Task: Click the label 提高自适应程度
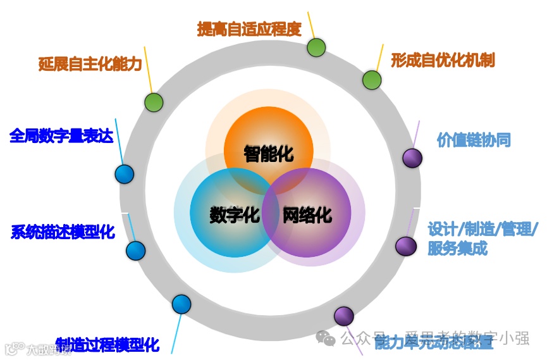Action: (x=249, y=29)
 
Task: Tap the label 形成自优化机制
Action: (x=443, y=60)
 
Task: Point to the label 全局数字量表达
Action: (x=61, y=135)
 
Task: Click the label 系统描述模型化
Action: (x=63, y=232)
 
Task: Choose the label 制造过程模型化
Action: (x=108, y=345)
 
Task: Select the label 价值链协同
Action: (x=474, y=140)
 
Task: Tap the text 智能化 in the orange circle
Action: (x=269, y=153)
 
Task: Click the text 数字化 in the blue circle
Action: (x=235, y=214)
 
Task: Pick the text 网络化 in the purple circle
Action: (x=307, y=214)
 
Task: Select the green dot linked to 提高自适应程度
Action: (x=316, y=47)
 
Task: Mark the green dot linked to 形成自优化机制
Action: (x=372, y=80)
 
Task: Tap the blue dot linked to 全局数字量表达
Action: (x=124, y=174)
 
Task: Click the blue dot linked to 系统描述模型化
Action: (x=135, y=251)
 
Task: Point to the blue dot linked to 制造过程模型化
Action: (x=181, y=304)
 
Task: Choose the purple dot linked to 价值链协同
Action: (x=412, y=158)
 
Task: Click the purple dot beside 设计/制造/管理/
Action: (x=405, y=245)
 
